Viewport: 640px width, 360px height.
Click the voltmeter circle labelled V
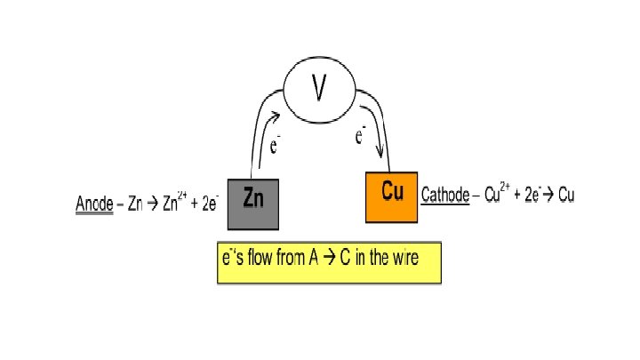point(319,88)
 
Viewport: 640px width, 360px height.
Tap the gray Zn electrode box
point(253,203)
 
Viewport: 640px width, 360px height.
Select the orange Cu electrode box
point(391,196)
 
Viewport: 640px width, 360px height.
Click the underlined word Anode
point(93,204)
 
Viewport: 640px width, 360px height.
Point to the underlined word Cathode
point(444,194)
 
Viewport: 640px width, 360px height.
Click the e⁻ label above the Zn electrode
point(276,145)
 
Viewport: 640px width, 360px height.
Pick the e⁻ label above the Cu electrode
point(360,135)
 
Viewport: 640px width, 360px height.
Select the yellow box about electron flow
point(329,261)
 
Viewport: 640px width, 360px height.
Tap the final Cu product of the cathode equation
point(565,194)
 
